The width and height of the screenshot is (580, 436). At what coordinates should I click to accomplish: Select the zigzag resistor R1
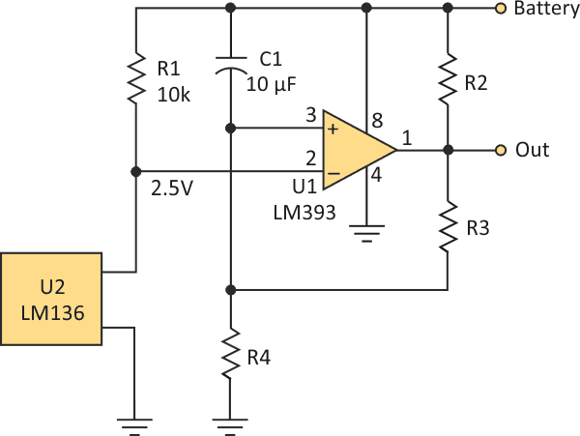(x=136, y=78)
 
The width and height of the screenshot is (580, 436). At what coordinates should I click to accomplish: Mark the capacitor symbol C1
(x=230, y=69)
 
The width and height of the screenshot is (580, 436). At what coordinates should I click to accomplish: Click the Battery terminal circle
(x=500, y=9)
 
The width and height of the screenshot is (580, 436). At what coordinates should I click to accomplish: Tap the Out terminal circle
(x=500, y=150)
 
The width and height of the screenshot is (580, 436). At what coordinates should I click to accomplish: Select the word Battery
(x=546, y=10)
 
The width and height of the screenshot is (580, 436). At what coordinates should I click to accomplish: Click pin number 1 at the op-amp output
(x=407, y=139)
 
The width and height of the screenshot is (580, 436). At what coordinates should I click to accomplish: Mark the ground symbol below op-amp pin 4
(x=365, y=231)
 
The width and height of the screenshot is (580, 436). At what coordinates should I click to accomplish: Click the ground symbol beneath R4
(x=230, y=421)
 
